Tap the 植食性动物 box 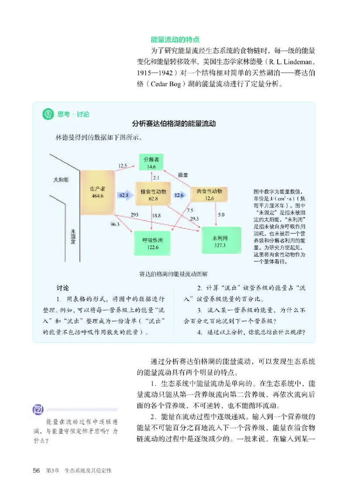click(x=153, y=195)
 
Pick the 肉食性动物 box click(x=209, y=194)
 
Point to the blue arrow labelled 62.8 click(x=125, y=195)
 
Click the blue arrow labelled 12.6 click(x=180, y=195)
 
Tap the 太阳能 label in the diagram click(x=60, y=180)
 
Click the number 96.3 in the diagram click(x=115, y=224)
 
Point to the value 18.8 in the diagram click(x=156, y=216)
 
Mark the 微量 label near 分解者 click(x=183, y=175)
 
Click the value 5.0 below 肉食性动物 click(x=221, y=215)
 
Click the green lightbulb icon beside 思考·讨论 click(x=47, y=114)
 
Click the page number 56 click(x=37, y=470)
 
